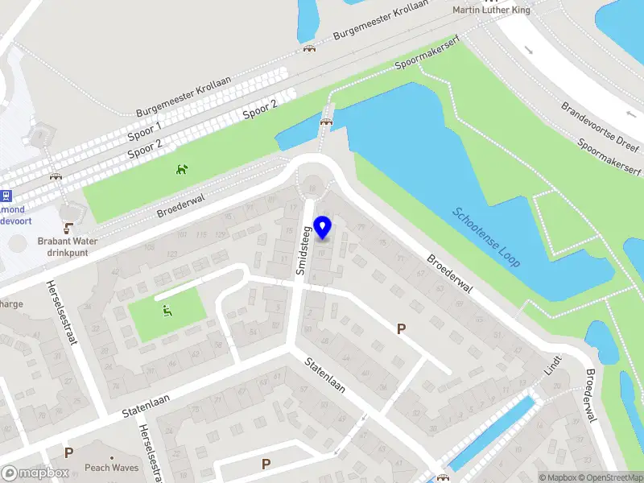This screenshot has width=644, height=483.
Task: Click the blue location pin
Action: tap(323, 227)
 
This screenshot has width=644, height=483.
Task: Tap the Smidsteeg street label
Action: tap(303, 250)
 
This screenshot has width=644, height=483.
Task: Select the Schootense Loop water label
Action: tap(486, 238)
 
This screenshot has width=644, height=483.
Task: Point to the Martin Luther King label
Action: tap(493, 10)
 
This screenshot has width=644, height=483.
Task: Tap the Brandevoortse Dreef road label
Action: tap(600, 124)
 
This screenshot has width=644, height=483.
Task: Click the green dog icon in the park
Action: tap(183, 169)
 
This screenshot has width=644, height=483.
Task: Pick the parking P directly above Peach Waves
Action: tap(69, 452)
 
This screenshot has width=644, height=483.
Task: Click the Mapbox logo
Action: tap(35, 473)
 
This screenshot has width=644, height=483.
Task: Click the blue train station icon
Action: tap(6, 194)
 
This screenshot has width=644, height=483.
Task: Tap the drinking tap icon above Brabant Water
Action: tap(69, 227)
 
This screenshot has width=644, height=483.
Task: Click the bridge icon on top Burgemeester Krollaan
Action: tap(309, 48)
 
